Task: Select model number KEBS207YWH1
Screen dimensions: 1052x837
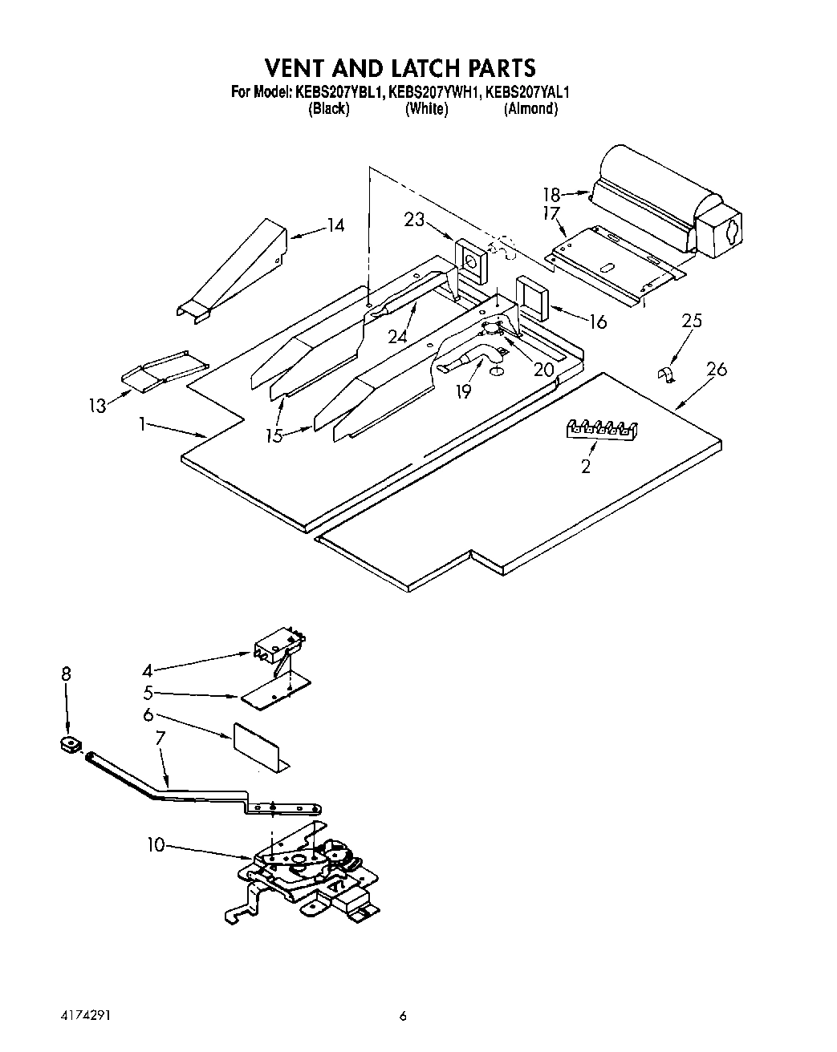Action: pos(435,92)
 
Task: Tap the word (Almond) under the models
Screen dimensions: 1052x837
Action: pos(530,109)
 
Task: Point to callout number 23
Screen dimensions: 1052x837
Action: pos(414,218)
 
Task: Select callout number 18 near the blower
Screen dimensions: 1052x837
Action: pos(551,194)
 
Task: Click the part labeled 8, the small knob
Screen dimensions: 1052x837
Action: pos(71,745)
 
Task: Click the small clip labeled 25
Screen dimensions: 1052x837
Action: pos(665,374)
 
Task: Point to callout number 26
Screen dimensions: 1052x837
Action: pos(717,369)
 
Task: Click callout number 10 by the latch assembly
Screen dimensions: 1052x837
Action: pos(156,844)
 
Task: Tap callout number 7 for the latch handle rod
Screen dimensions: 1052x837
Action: pos(160,759)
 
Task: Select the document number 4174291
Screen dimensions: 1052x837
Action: pos(83,1015)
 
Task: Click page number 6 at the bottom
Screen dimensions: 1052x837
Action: pos(404,1015)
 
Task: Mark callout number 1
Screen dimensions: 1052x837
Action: pos(142,424)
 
